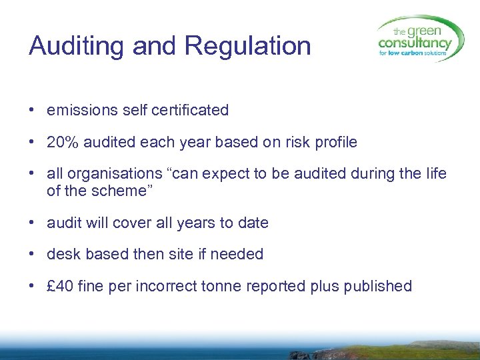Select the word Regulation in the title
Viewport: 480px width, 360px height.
pyautogui.click(x=248, y=47)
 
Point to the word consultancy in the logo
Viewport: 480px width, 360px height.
pyautogui.click(x=415, y=44)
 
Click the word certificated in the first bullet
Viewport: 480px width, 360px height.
pyautogui.click(x=189, y=110)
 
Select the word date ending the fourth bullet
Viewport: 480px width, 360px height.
pyautogui.click(x=253, y=222)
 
